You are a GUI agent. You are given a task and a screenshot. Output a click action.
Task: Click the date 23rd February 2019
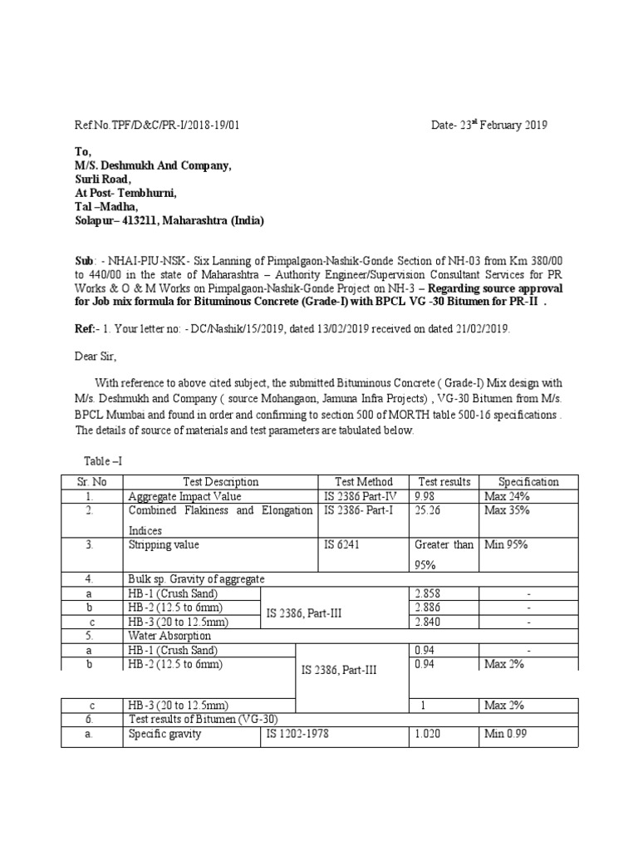(x=488, y=125)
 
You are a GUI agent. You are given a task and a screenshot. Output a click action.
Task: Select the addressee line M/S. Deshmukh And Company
(x=154, y=165)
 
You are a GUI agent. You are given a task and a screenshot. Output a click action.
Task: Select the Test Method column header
(x=364, y=482)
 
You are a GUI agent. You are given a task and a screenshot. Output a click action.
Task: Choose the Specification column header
(x=528, y=482)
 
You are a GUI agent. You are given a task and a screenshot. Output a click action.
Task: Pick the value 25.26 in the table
(x=429, y=510)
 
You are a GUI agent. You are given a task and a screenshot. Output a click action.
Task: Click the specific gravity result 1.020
(x=429, y=734)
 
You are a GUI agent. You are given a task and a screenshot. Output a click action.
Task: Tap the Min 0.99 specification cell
(x=507, y=734)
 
